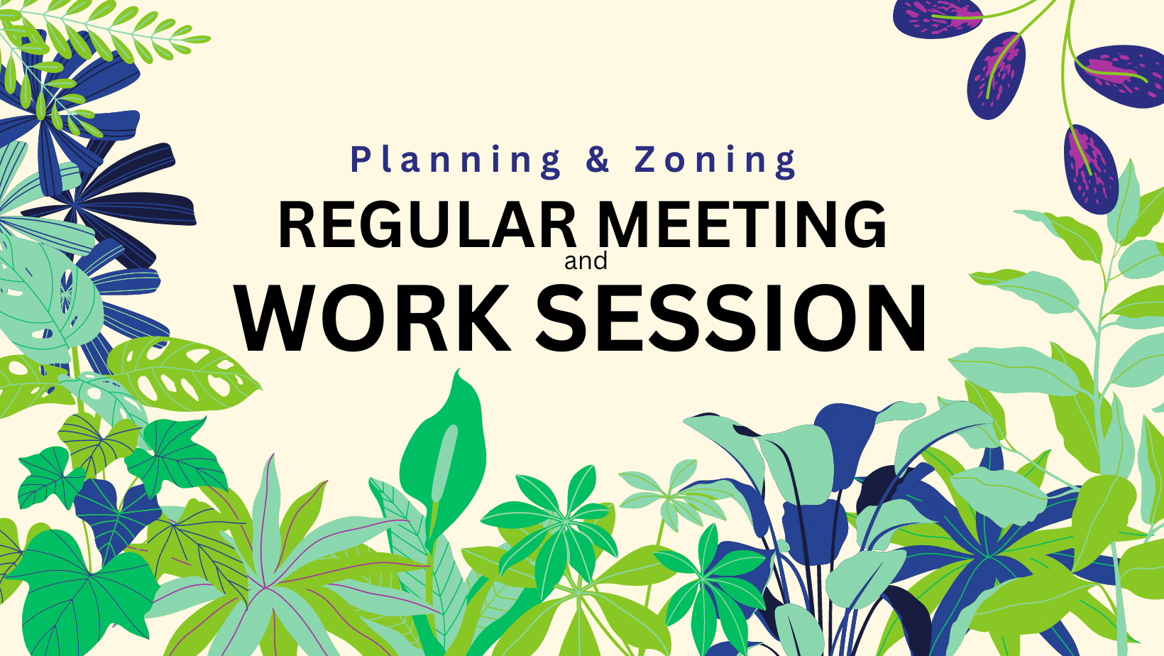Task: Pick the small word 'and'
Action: point(586,261)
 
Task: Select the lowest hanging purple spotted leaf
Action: point(1092,169)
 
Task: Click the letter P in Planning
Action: point(360,159)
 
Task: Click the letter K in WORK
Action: point(484,318)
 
